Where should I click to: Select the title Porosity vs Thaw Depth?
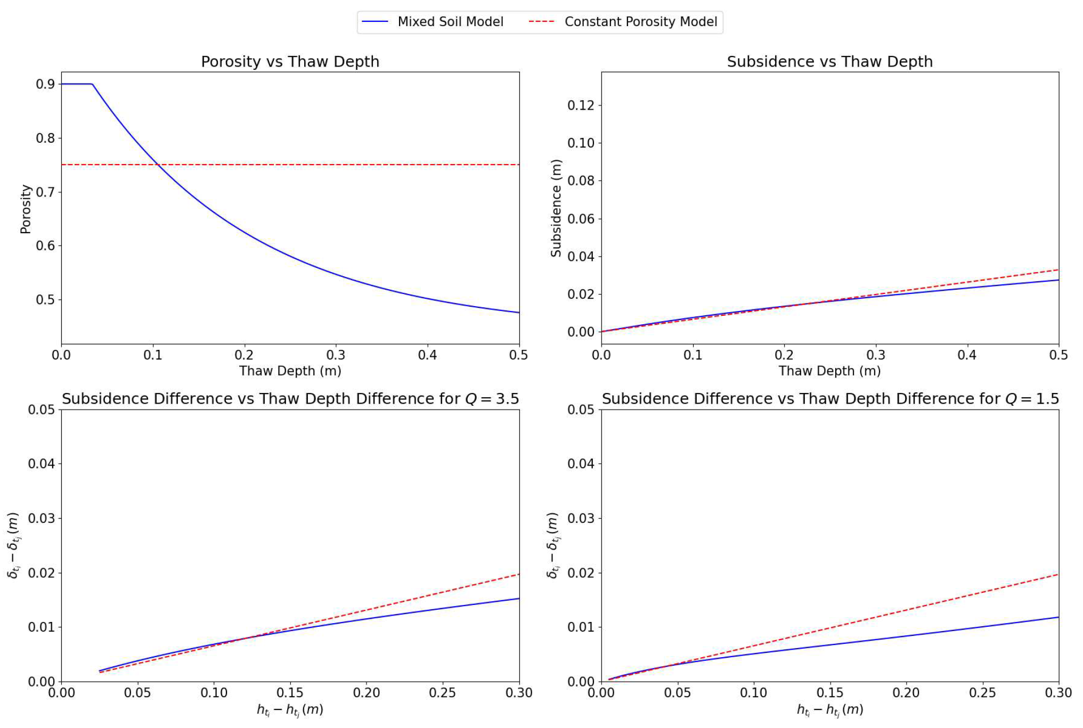pos(290,62)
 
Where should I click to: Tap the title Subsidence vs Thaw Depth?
pos(829,62)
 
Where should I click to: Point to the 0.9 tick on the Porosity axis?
pos(45,84)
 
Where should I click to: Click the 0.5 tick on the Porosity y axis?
pos(45,300)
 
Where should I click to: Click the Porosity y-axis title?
pos(26,209)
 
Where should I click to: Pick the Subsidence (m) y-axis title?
pos(556,208)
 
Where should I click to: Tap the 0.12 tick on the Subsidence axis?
pos(581,105)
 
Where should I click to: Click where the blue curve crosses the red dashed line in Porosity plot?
pos(158,165)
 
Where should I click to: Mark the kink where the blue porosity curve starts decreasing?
pos(93,84)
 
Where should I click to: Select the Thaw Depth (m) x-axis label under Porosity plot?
pos(290,371)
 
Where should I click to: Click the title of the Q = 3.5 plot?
pos(290,399)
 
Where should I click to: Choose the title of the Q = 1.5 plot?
pos(830,399)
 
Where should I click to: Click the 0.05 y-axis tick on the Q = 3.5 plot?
pos(42,410)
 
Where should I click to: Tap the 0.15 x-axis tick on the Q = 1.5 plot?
pos(830,693)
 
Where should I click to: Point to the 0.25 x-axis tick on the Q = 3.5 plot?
pos(443,693)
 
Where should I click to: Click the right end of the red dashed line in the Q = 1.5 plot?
pos(1058,575)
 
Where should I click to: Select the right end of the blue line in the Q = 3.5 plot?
pos(519,599)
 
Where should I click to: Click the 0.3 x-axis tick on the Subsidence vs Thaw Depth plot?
pos(876,355)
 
